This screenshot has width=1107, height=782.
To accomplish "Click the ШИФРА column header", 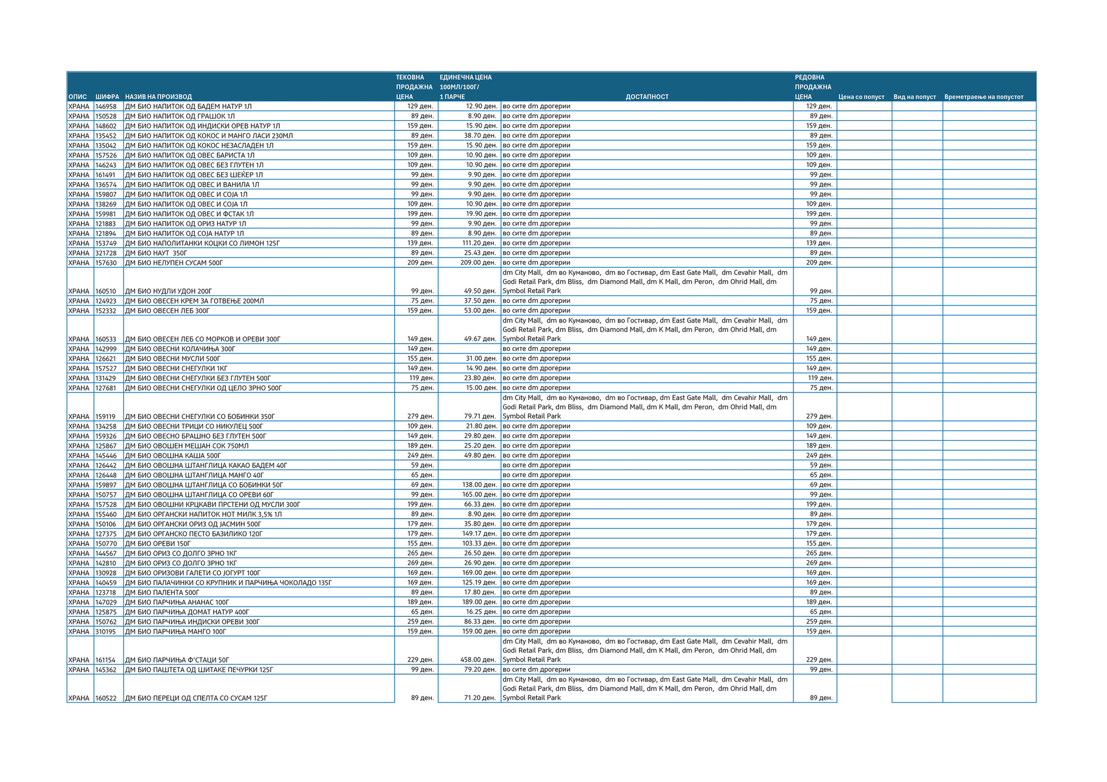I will pyautogui.click(x=107, y=97).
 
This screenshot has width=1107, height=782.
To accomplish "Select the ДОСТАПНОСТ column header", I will pyautogui.click(x=647, y=97).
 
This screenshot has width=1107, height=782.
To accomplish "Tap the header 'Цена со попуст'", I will pyautogui.click(x=861, y=97).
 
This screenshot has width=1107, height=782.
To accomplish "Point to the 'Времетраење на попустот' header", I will pyautogui.click(x=983, y=97).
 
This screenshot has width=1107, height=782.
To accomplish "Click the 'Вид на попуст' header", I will pyautogui.click(x=914, y=97).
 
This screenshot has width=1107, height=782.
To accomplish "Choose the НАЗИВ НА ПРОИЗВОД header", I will pyautogui.click(x=158, y=97).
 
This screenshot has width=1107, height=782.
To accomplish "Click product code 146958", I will pyautogui.click(x=106, y=106).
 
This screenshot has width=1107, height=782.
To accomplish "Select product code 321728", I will pyautogui.click(x=106, y=253).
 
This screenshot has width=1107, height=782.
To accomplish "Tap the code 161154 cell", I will pyautogui.click(x=106, y=660).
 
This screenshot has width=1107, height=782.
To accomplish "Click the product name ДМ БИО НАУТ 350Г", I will pyautogui.click(x=156, y=253).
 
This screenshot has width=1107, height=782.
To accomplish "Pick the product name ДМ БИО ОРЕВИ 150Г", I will pyautogui.click(x=158, y=544).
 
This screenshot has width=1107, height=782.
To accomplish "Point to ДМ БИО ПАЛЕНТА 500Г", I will pyautogui.click(x=162, y=592).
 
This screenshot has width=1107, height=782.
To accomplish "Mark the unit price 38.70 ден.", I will pyautogui.click(x=480, y=135).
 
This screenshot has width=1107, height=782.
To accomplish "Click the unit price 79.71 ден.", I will pyautogui.click(x=480, y=416).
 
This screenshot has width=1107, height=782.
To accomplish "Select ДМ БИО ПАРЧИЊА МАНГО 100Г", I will pyautogui.click(x=176, y=631).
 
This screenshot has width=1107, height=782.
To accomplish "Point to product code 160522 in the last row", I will pyautogui.click(x=106, y=698).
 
